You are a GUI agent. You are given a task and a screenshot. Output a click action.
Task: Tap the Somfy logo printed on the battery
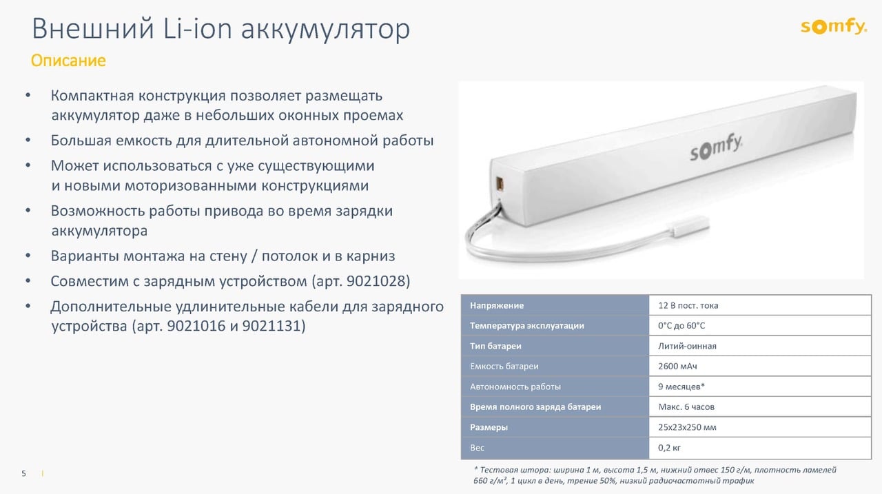click(717, 147)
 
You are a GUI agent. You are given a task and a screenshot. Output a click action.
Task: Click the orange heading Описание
click(68, 61)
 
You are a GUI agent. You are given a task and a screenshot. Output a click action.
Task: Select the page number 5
click(24, 473)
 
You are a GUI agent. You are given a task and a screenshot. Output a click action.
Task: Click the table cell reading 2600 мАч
click(677, 367)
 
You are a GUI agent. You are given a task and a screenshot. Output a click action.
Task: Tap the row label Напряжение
click(497, 305)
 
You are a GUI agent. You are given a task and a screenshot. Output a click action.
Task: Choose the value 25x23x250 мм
click(687, 427)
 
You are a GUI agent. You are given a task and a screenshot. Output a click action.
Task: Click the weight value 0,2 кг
click(669, 448)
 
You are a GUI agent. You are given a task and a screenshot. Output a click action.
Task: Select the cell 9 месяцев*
click(681, 387)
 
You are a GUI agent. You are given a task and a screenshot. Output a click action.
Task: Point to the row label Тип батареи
click(495, 346)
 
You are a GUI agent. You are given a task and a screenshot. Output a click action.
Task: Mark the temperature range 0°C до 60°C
click(681, 325)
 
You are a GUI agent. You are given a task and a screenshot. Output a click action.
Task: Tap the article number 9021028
click(378, 282)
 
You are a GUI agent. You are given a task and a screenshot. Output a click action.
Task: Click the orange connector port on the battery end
click(501, 183)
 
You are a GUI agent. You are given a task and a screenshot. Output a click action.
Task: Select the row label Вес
click(477, 448)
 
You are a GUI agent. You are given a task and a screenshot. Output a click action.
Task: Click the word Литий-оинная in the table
click(687, 346)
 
